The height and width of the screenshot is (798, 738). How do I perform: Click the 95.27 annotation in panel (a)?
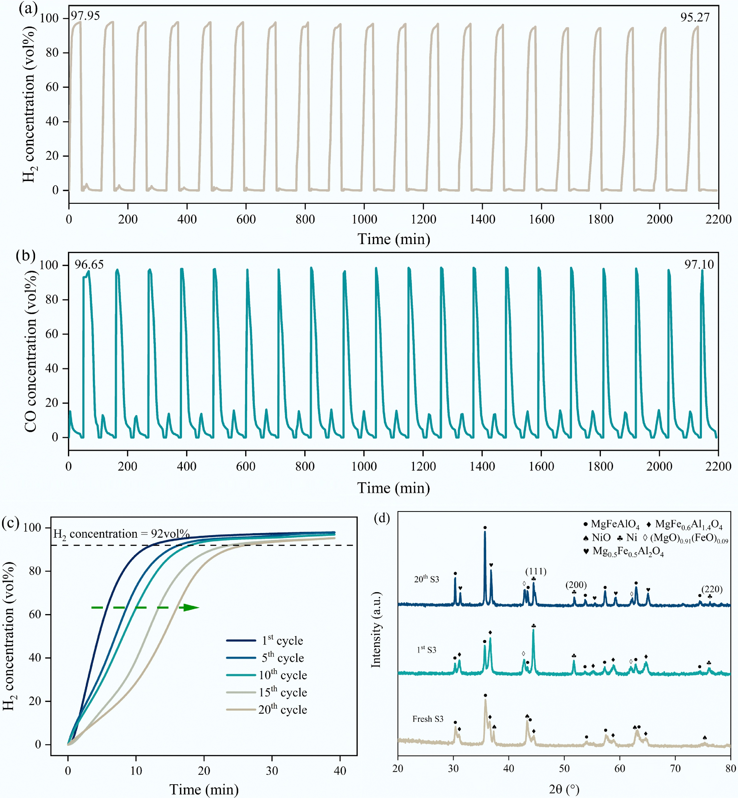point(695,17)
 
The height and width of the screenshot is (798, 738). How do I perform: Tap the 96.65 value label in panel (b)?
point(89,265)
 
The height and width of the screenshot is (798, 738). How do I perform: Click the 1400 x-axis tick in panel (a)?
point(482,219)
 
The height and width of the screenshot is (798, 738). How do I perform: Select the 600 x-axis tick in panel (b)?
point(246,466)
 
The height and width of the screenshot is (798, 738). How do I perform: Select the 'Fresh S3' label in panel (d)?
point(428,719)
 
